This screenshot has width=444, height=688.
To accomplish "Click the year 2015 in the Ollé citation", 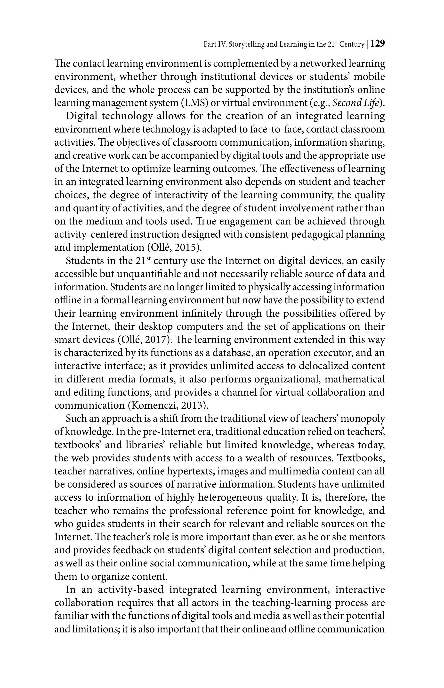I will [x=185, y=248].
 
